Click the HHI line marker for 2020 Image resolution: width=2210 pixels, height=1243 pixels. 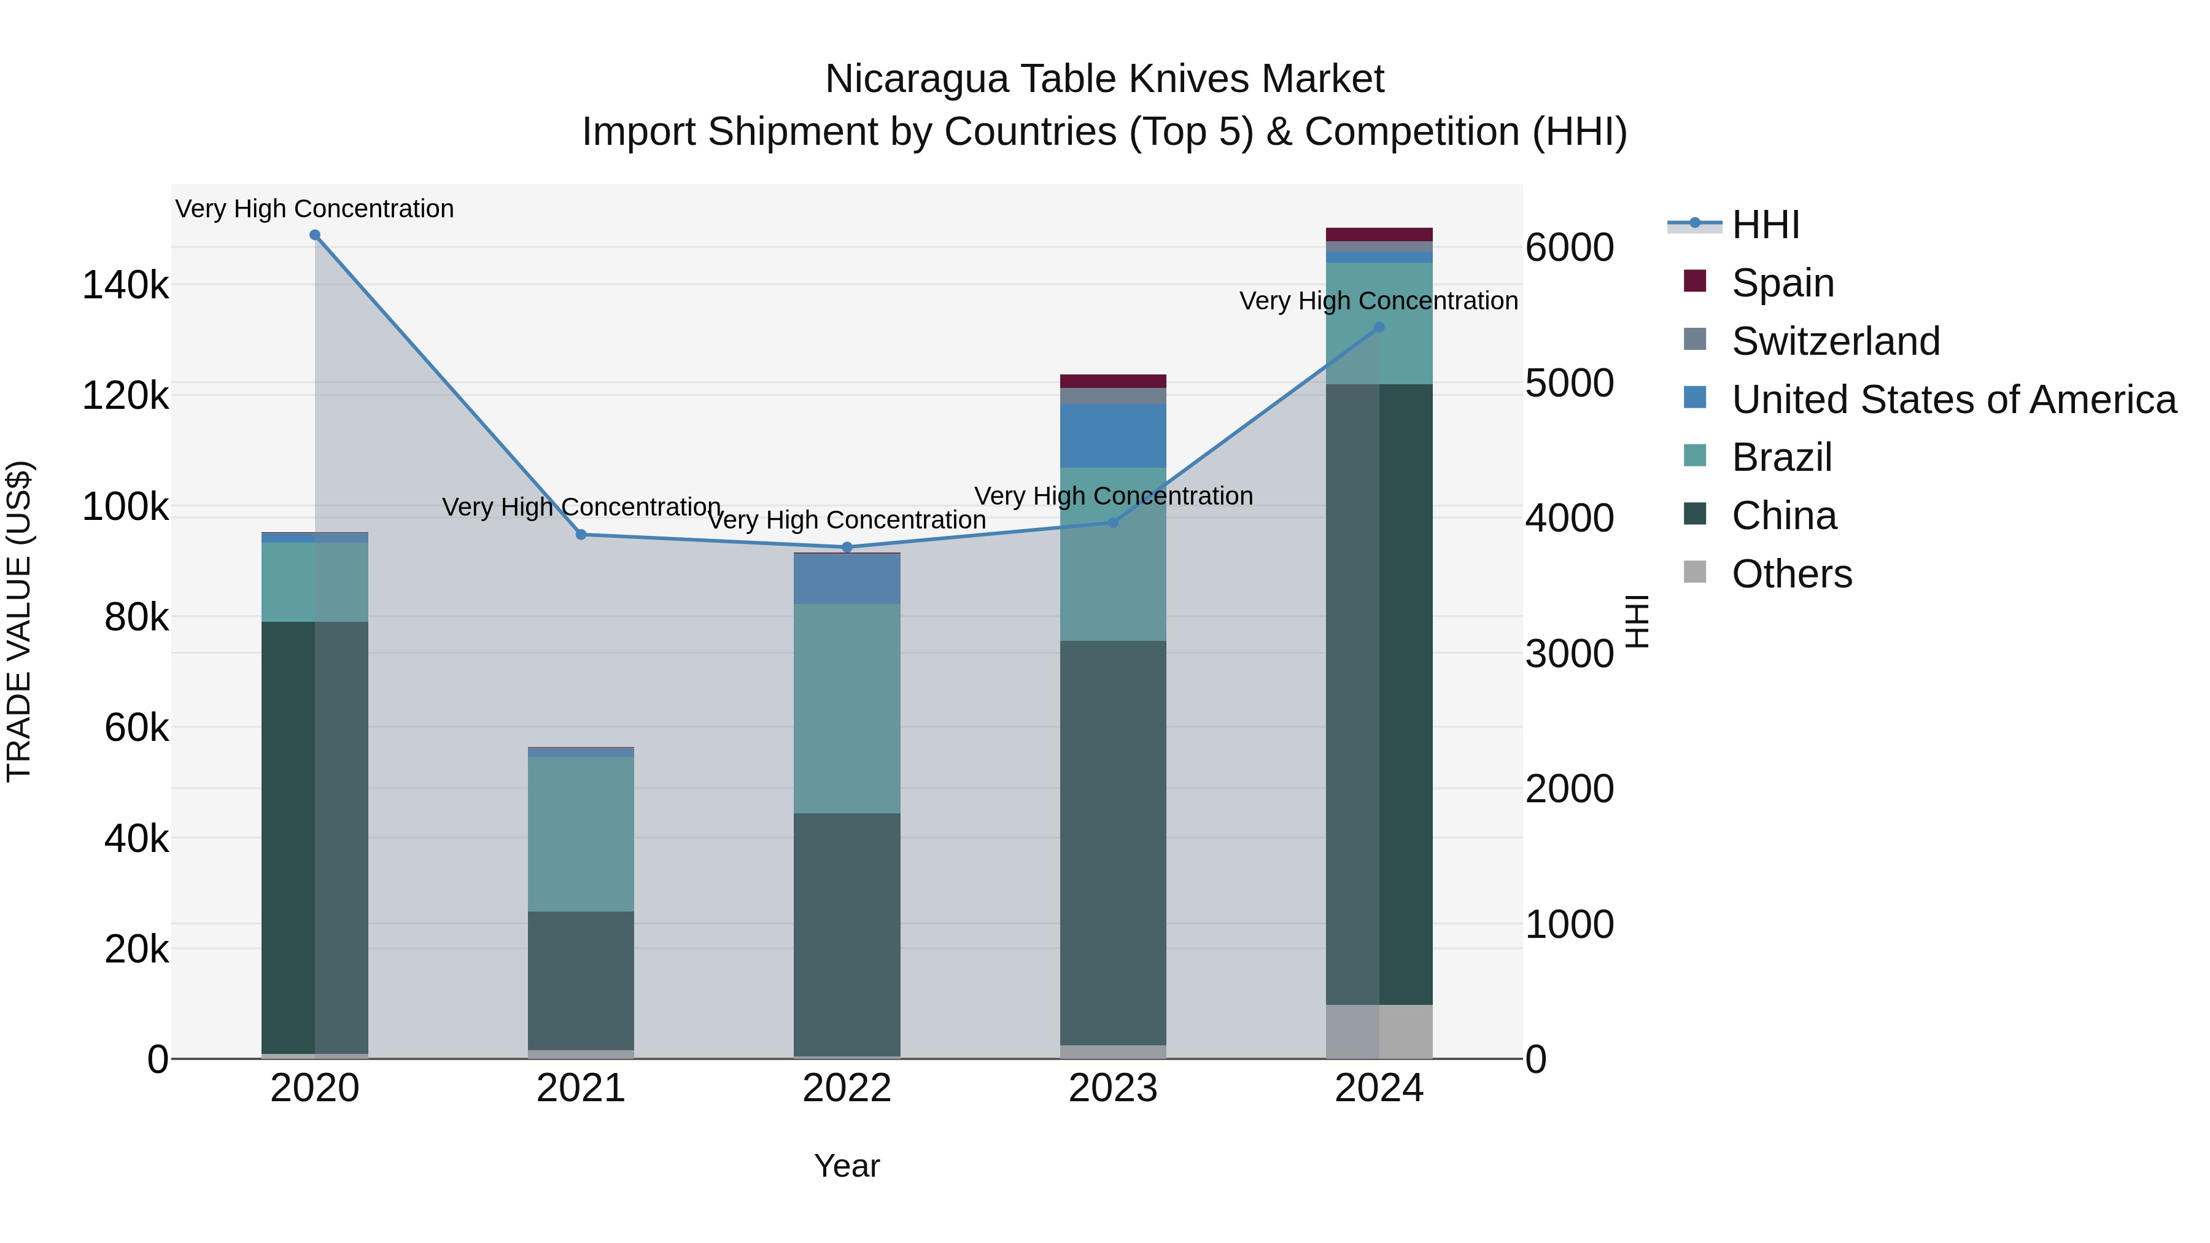315,235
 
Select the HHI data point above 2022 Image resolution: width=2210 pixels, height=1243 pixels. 847,548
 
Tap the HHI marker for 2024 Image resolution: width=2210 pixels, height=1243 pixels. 1379,327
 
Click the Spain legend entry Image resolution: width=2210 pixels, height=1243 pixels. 1782,282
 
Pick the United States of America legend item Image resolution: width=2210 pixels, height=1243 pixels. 1953,399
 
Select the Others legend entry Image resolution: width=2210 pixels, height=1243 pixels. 1791,574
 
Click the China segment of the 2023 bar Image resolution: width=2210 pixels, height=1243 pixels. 1113,841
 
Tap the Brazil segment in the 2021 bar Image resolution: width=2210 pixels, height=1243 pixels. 581,832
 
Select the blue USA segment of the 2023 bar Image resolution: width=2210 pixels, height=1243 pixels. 1113,435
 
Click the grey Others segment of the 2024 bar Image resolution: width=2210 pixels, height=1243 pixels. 1379,1031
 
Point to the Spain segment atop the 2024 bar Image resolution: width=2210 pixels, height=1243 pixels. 1379,234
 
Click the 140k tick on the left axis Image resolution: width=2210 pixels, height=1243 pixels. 125,285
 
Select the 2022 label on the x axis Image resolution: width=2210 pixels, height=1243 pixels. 847,1088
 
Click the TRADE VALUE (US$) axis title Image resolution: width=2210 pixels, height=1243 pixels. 19,621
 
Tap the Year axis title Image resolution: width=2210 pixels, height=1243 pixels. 847,1166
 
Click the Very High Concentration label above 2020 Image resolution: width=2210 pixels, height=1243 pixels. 315,209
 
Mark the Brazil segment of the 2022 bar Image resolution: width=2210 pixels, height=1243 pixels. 847,708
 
